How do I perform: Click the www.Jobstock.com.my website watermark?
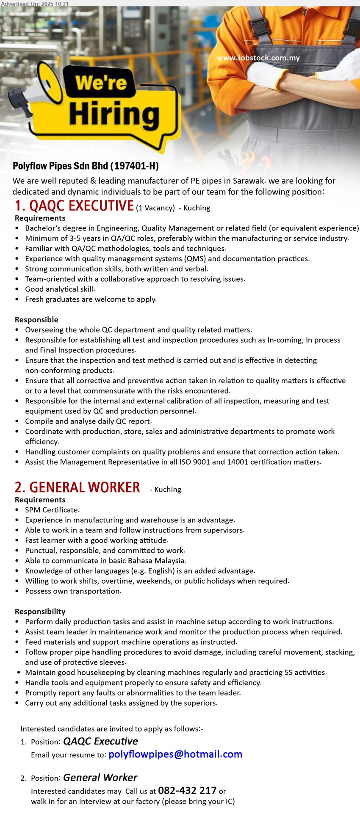[x=258, y=58]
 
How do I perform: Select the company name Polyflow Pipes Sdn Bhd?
[x=86, y=166]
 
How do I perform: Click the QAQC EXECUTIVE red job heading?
[x=74, y=206]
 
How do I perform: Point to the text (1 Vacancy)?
[x=155, y=208]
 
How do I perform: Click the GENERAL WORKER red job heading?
[x=77, y=488]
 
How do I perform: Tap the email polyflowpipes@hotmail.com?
[x=175, y=754]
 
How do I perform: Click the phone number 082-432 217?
[x=187, y=790]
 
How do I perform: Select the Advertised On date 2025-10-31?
[x=53, y=3]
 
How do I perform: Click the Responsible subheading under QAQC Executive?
[x=36, y=320]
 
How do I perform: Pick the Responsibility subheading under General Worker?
[x=40, y=612]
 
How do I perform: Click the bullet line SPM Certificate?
[x=52, y=510]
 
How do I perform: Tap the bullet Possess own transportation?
[x=73, y=591]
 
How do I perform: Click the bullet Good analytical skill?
[x=60, y=289]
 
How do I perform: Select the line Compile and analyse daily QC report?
[x=88, y=421]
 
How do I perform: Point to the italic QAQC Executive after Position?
[x=100, y=741]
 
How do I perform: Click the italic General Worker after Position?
[x=100, y=778]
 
